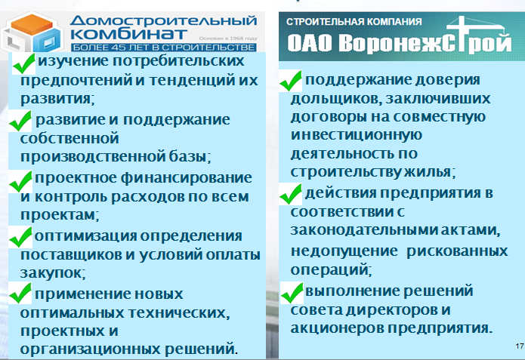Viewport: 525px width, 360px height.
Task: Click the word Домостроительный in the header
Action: pos(163,20)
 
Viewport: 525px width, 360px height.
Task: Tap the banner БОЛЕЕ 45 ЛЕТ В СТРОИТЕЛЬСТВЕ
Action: pos(163,48)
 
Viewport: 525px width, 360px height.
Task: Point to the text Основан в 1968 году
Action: pos(228,38)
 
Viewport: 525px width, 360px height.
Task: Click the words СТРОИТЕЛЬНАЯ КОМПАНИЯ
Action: pos(354,22)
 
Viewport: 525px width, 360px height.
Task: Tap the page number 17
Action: pos(520,346)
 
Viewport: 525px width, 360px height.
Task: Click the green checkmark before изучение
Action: pos(23,63)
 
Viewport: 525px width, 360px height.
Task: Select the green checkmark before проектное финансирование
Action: pos(20,182)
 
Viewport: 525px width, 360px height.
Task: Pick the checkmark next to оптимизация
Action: pos(20,237)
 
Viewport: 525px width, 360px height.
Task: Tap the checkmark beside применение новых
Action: pos(20,293)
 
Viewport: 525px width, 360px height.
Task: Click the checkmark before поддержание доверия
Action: pos(290,81)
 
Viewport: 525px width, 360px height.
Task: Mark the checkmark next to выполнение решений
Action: pos(292,293)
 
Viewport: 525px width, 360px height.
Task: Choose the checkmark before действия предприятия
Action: pos(291,194)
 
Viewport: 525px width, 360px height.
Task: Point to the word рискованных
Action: pos(457,251)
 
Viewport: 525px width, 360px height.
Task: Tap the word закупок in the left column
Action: pos(53,273)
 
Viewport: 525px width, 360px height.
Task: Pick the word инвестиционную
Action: pos(357,136)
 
